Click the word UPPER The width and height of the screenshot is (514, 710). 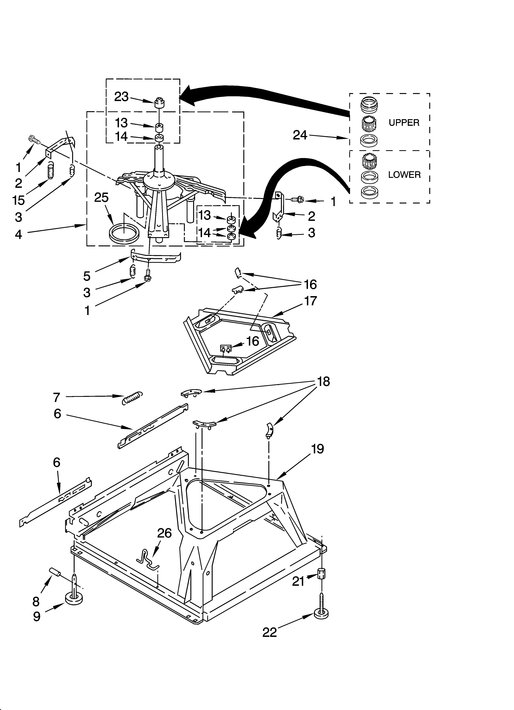point(404,123)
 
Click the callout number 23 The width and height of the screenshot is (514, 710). point(121,97)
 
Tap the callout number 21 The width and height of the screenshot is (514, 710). point(298,581)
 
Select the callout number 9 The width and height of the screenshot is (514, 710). point(37,617)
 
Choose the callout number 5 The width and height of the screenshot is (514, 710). point(87,276)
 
